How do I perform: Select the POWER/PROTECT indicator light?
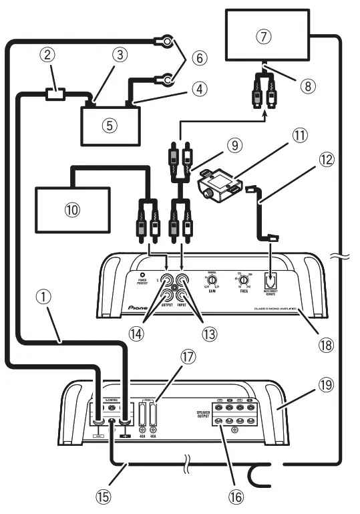coord(142,275)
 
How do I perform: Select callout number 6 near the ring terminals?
coord(196,58)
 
